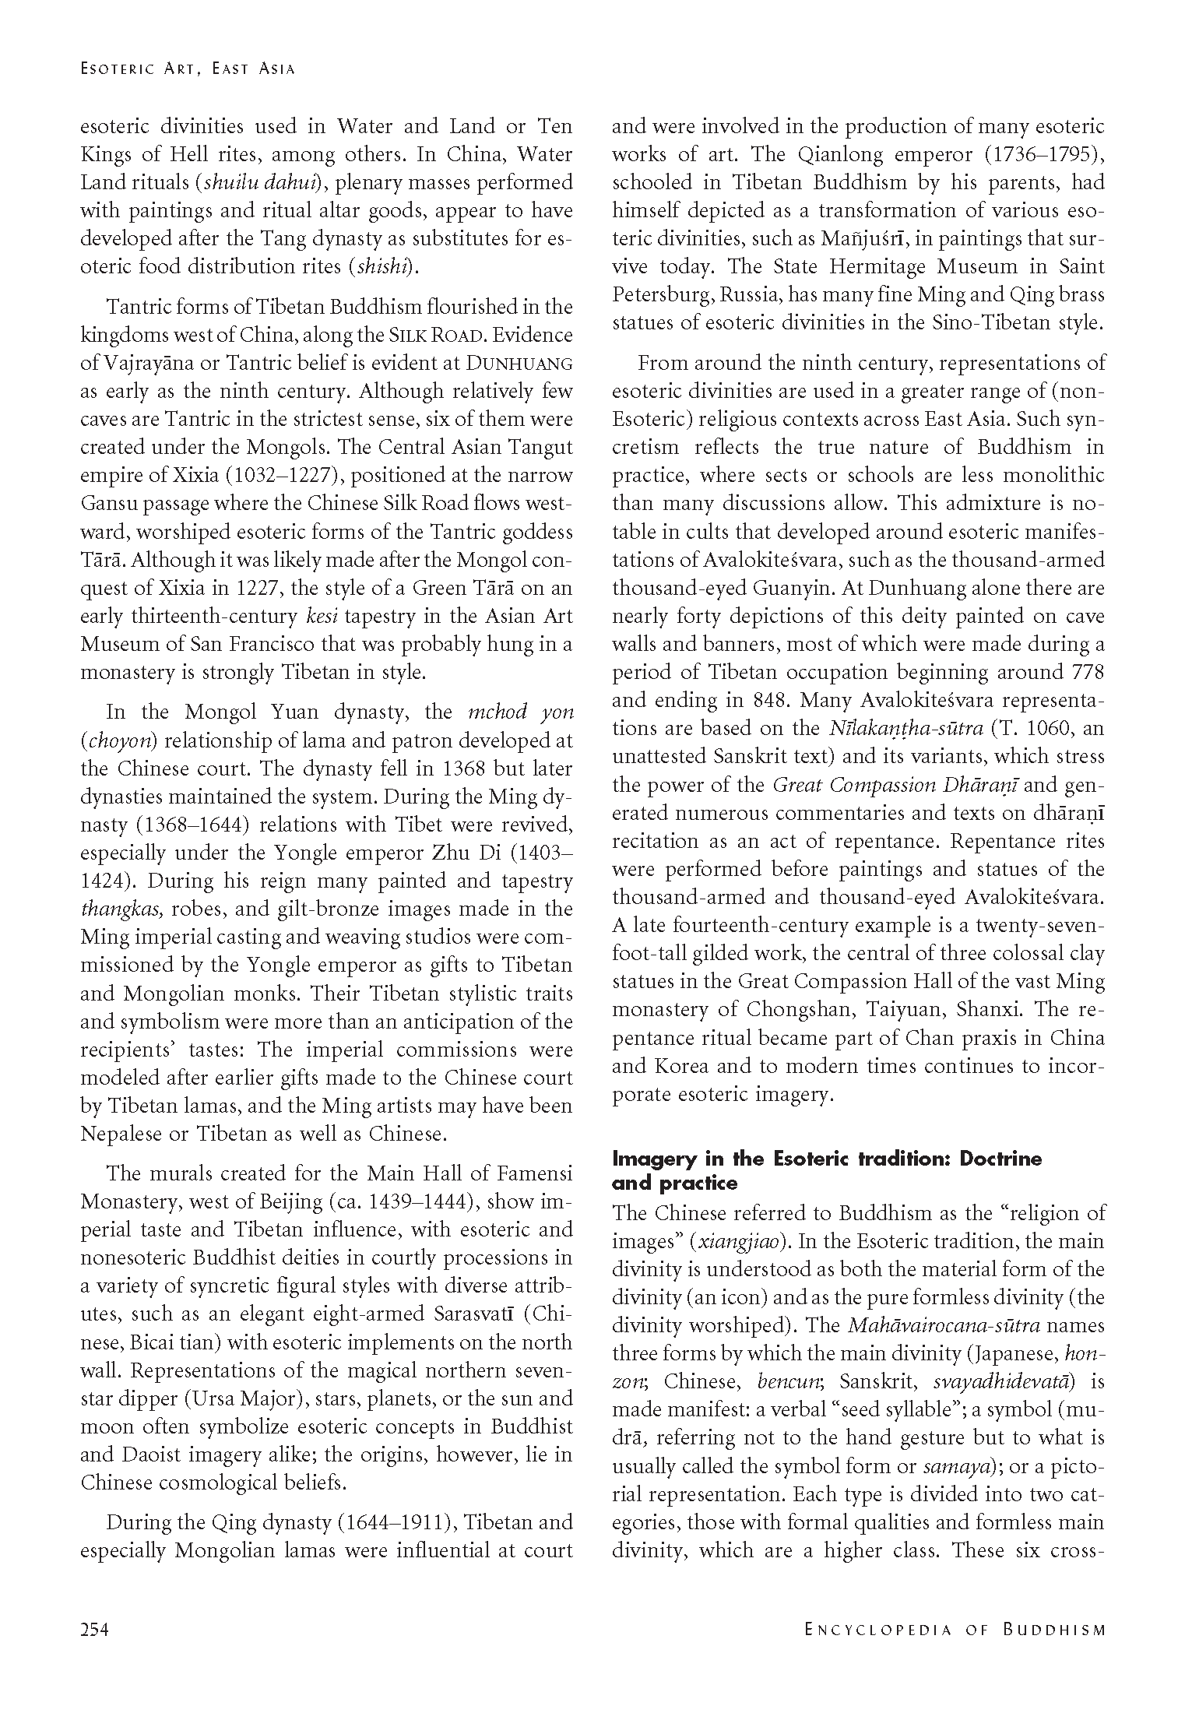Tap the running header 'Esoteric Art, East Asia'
(188, 69)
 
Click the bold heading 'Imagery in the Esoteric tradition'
(827, 1158)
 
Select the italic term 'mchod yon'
(521, 712)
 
